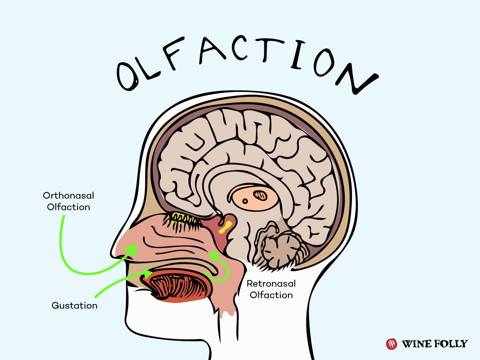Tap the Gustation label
click(74, 306)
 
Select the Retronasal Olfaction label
click(271, 289)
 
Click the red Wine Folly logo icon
click(391, 344)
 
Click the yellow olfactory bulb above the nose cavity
click(185, 218)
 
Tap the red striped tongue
click(179, 285)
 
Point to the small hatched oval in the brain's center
click(261, 195)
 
